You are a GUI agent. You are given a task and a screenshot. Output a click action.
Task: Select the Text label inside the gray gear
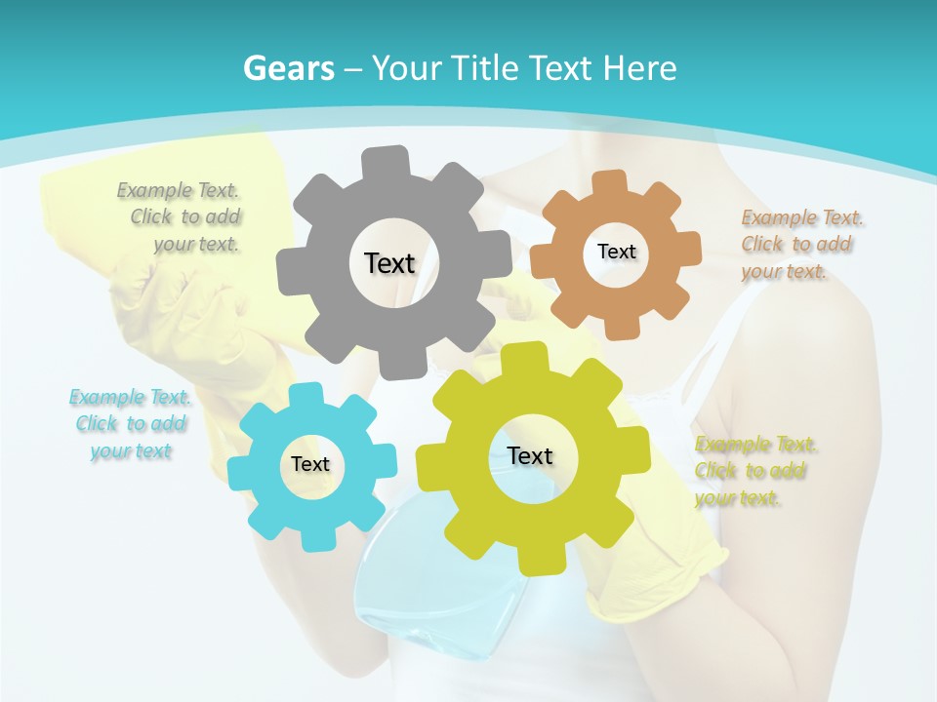[x=389, y=263]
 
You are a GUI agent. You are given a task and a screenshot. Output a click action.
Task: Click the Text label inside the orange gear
[x=616, y=252]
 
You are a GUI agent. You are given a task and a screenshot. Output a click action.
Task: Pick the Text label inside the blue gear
[x=310, y=465]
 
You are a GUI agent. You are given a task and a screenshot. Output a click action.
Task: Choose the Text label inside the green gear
[x=530, y=456]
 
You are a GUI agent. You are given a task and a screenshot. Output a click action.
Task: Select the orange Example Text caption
[x=798, y=244]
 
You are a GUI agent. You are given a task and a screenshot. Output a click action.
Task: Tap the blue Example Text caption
[x=131, y=424]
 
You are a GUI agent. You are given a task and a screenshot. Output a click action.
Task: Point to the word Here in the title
[x=640, y=68]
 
